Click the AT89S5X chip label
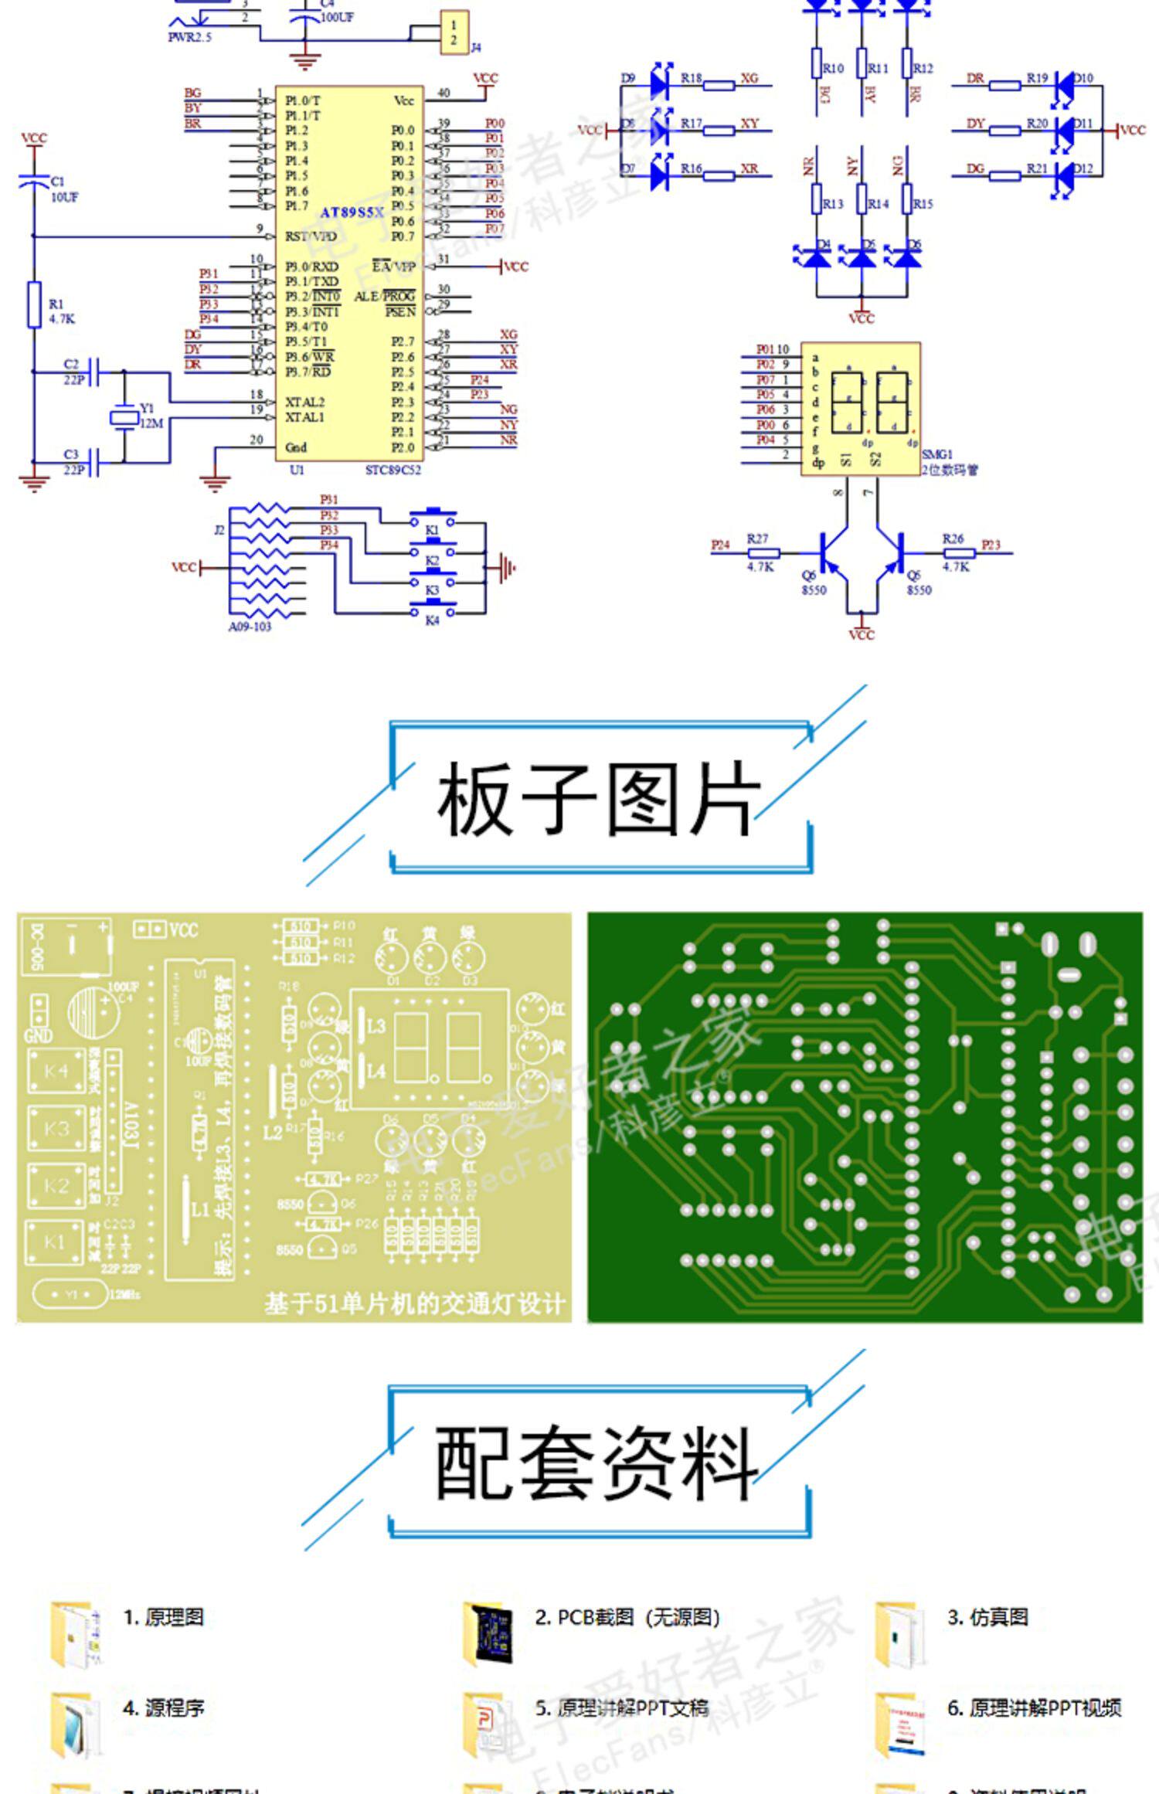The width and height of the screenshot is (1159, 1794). [352, 212]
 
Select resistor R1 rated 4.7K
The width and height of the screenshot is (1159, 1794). [34, 305]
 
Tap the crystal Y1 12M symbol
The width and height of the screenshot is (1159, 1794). [124, 418]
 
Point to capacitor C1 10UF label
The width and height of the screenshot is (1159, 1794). [63, 189]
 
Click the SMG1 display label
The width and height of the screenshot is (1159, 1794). [937, 455]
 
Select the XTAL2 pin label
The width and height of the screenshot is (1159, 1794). [304, 403]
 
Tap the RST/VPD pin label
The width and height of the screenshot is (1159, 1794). [311, 236]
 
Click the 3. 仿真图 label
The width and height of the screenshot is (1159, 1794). [987, 1617]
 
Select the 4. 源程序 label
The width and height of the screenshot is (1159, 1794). [163, 1707]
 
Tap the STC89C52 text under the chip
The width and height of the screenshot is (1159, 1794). [393, 470]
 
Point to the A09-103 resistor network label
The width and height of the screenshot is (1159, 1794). [250, 627]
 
